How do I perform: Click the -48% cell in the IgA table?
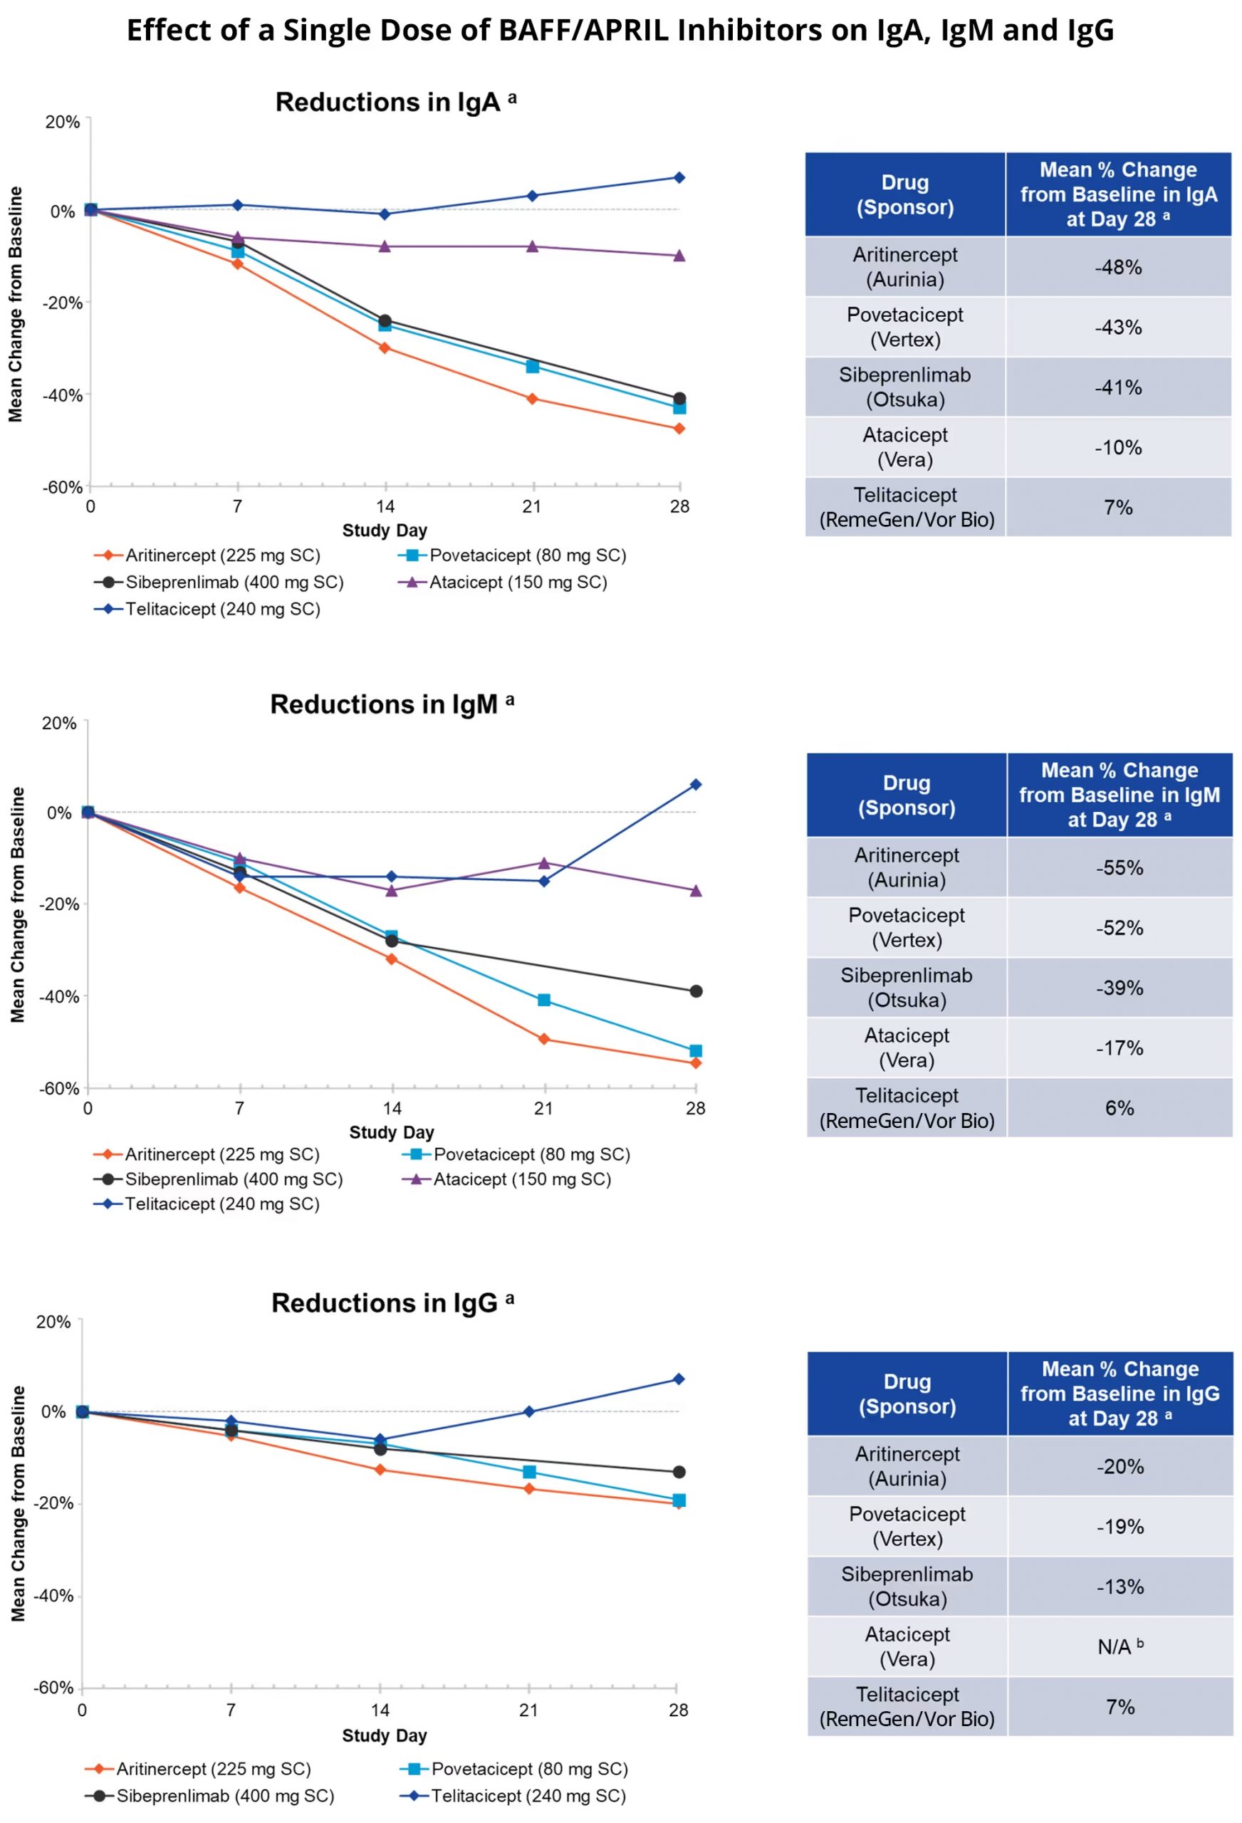pos(1117,267)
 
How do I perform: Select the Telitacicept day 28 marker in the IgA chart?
pos(679,177)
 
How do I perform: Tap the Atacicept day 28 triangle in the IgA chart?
pos(679,256)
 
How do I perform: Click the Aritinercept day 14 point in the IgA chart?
pos(385,348)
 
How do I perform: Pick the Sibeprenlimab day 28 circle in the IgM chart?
pos(695,991)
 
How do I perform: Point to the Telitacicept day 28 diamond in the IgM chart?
pos(695,785)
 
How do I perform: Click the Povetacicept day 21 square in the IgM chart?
pos(543,1000)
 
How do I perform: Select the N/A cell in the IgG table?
pos(1119,1646)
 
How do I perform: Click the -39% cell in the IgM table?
pos(1119,988)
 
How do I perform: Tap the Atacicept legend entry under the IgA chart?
pos(517,582)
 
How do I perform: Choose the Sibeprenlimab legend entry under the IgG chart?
pos(224,1795)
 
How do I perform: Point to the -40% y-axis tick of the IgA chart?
pos(62,395)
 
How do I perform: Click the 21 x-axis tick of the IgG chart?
pos(529,1710)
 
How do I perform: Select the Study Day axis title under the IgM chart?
pos(391,1132)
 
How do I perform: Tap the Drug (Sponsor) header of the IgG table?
pos(907,1394)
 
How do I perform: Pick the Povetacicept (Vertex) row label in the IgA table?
pos(904,327)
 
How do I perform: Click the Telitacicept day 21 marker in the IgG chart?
pos(529,1411)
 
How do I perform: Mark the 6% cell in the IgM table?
pos(1119,1107)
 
